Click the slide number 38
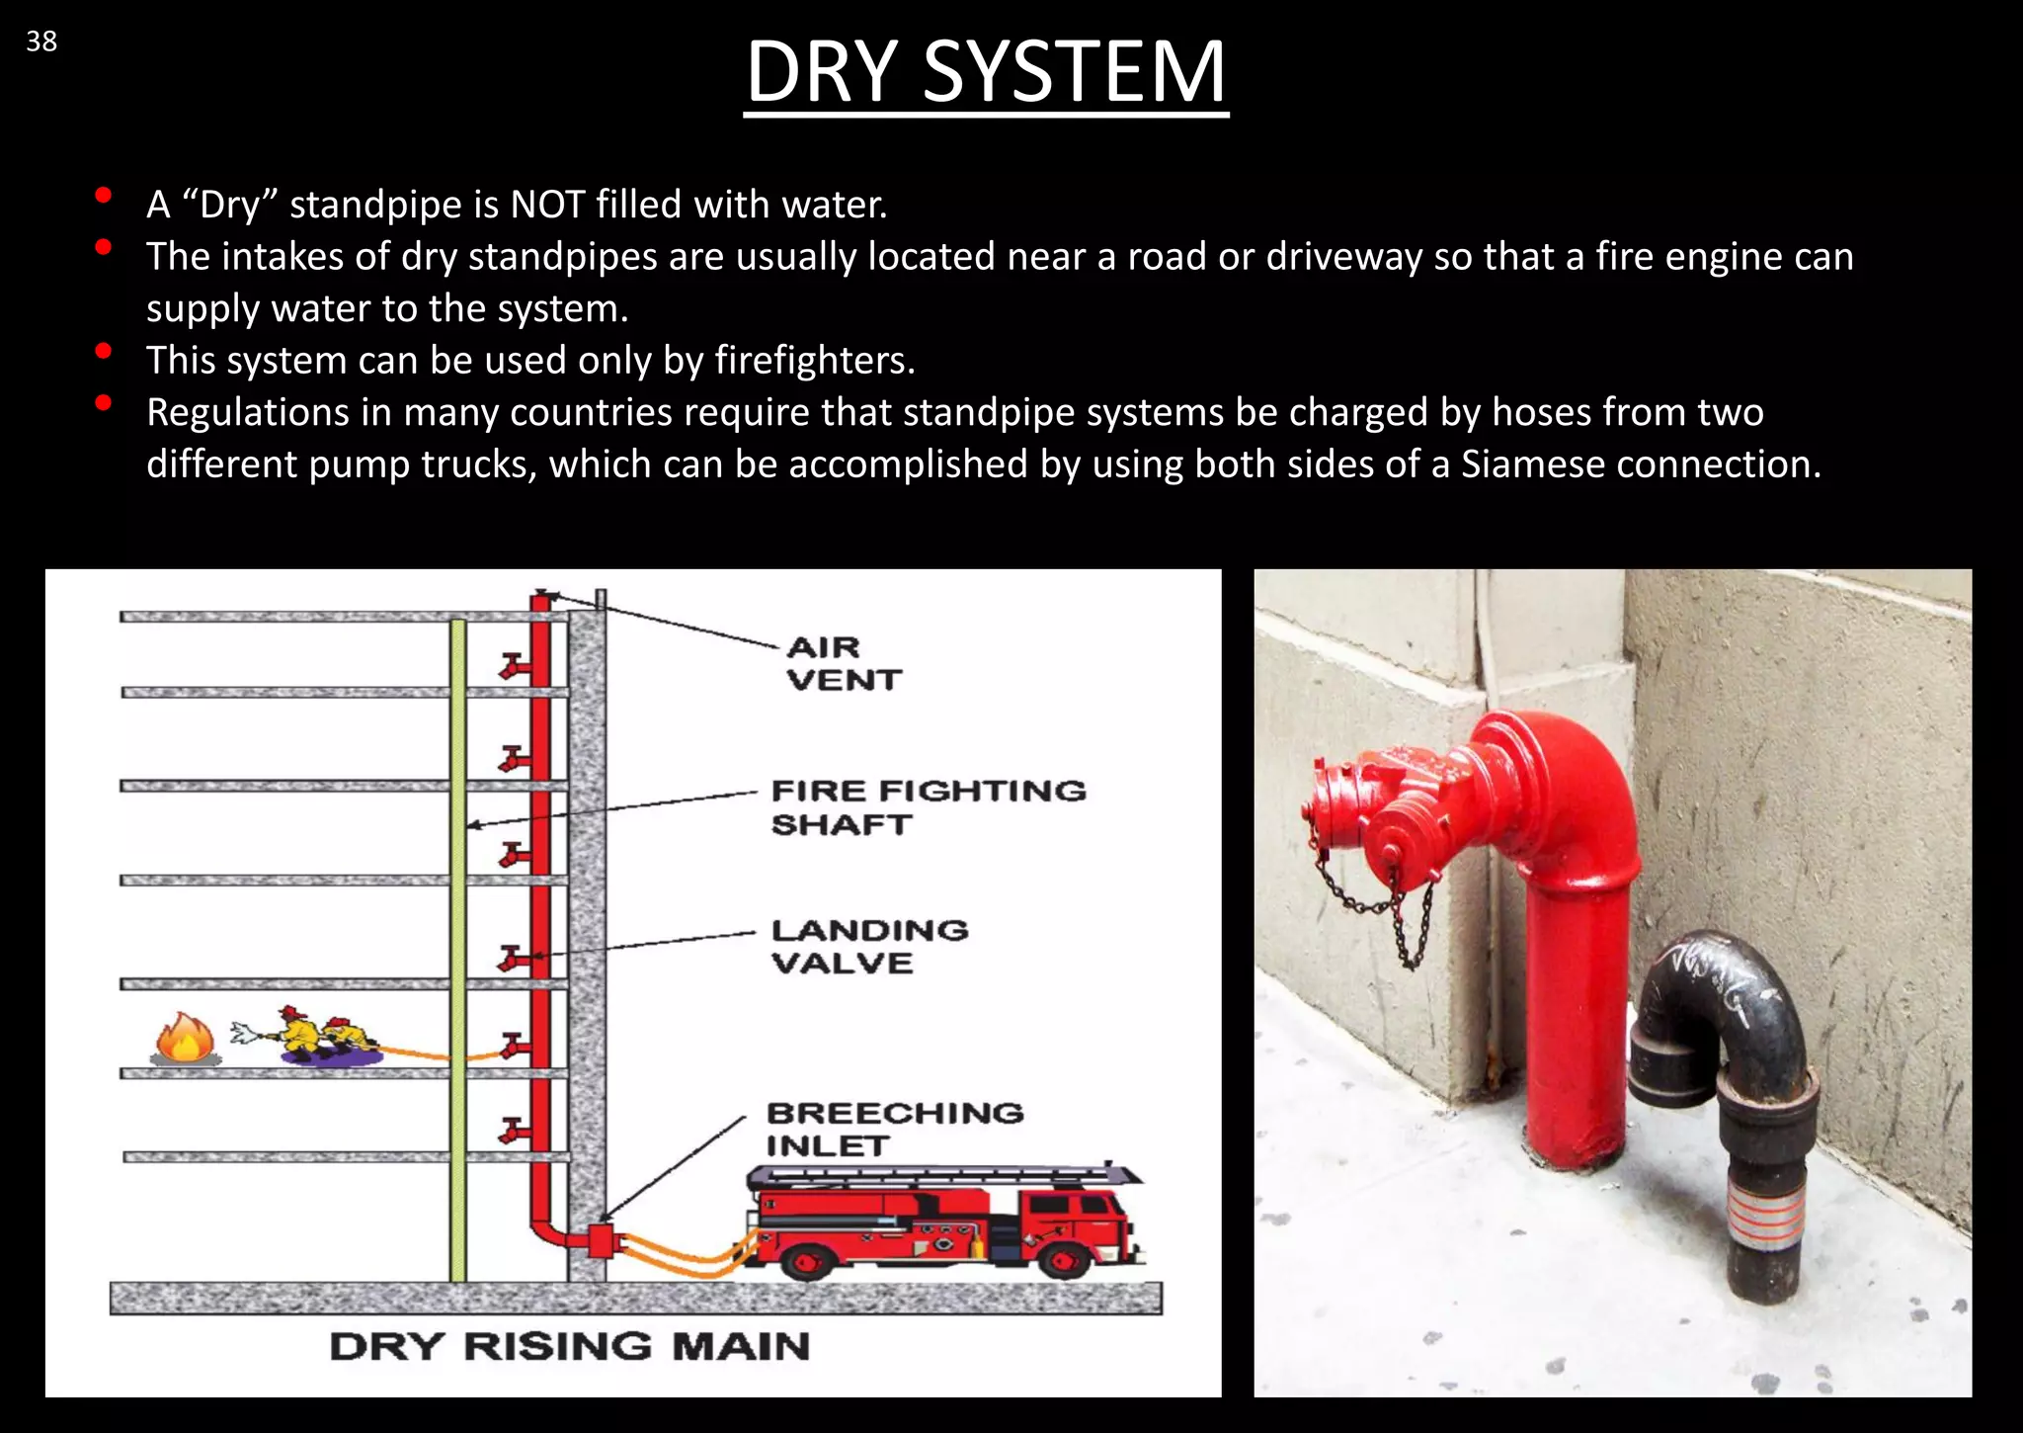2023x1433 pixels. [x=41, y=42]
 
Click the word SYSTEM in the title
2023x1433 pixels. [x=1074, y=72]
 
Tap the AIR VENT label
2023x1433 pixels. [x=843, y=663]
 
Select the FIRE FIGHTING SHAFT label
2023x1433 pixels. [x=927, y=806]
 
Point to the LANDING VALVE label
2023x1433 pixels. [x=868, y=946]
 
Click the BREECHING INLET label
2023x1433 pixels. [x=893, y=1129]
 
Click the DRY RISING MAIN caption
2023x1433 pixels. [x=569, y=1346]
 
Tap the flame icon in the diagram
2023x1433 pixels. [x=185, y=1039]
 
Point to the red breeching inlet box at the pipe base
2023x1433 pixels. [x=600, y=1240]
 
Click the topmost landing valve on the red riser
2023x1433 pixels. [x=514, y=667]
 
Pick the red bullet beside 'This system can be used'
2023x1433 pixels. [x=103, y=351]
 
